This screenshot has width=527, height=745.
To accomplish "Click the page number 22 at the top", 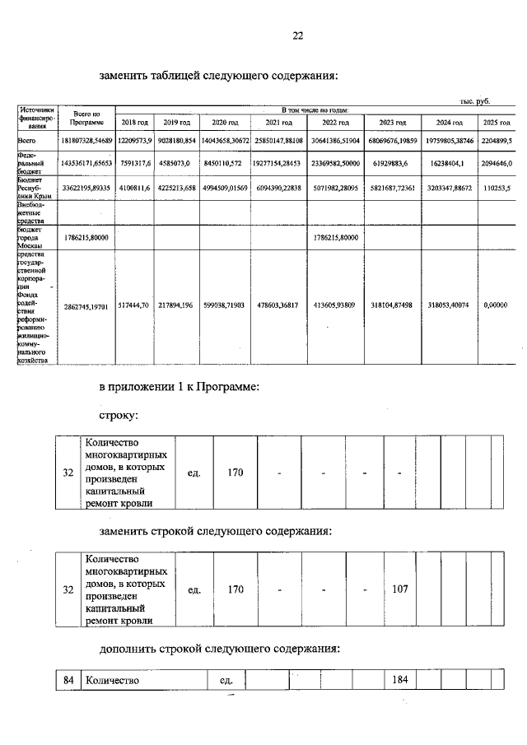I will coord(297,35).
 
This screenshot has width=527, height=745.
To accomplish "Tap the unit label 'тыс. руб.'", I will coord(475,100).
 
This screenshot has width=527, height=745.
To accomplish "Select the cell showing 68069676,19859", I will coord(394,141).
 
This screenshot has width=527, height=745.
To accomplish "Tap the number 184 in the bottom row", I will coord(400,680).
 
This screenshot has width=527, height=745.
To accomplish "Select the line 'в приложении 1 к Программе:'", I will coord(179,386).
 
